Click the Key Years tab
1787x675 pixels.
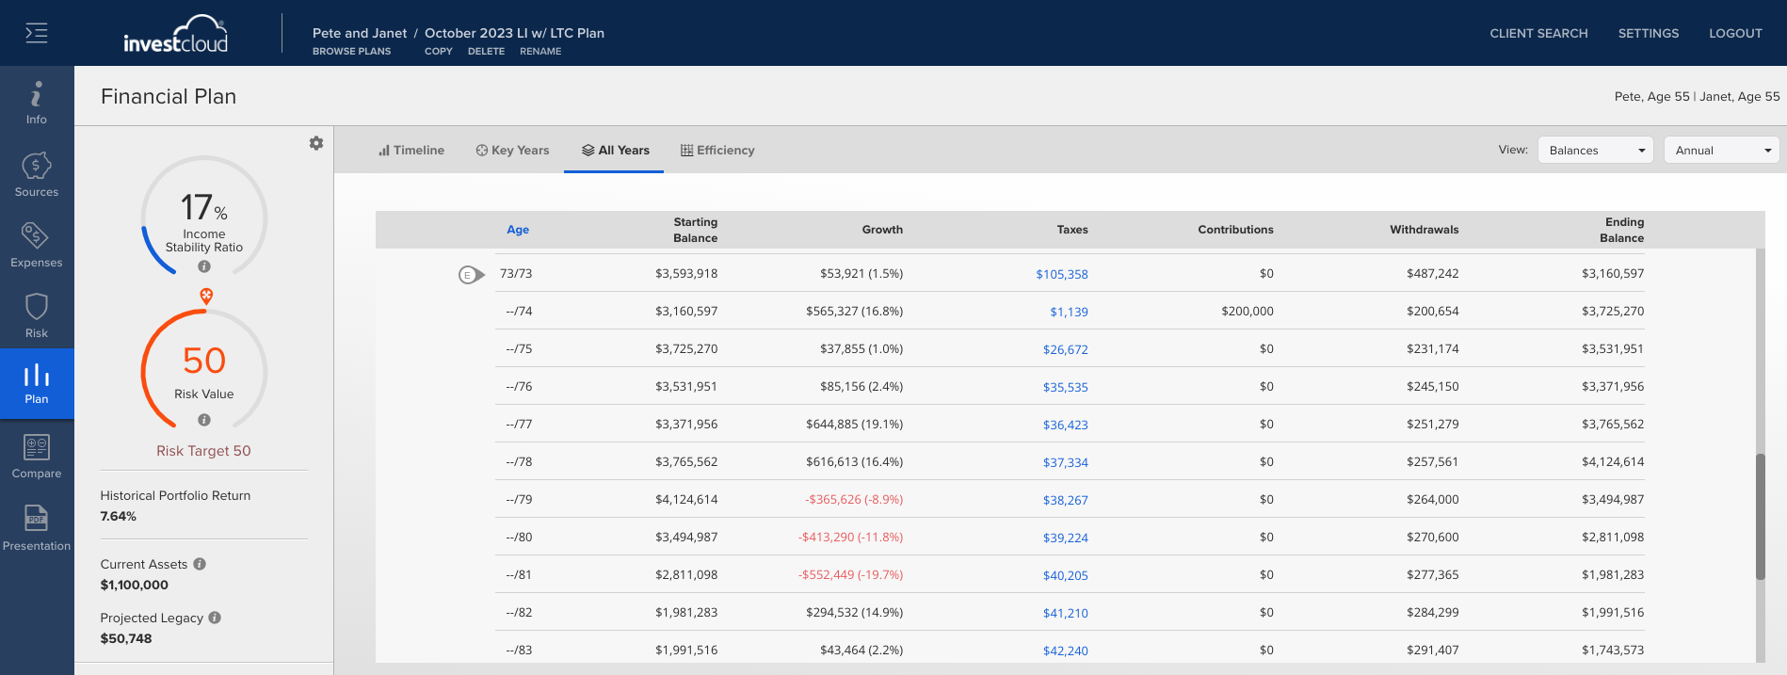[x=512, y=151]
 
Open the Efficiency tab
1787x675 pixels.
[x=717, y=151]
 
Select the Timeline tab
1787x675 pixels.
[x=411, y=151]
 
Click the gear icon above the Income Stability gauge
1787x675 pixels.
[x=316, y=143]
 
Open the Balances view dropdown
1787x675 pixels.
[x=1595, y=151]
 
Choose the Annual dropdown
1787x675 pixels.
[x=1721, y=151]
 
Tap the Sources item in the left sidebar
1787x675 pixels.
[x=37, y=174]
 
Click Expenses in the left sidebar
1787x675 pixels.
[x=37, y=245]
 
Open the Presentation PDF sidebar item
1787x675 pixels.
[x=37, y=527]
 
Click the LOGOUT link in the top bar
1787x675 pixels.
[x=1735, y=33]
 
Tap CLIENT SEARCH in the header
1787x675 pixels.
[x=1538, y=33]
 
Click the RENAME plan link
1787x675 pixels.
[x=540, y=52]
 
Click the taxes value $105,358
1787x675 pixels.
[x=1062, y=274]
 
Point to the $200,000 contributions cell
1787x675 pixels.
[x=1248, y=311]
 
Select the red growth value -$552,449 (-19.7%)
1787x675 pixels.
[x=850, y=574]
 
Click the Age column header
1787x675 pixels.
[x=518, y=230]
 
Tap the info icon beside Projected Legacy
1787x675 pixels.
[x=215, y=618]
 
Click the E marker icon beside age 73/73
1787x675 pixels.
[x=472, y=275]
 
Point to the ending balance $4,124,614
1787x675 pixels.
[x=1613, y=461]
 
